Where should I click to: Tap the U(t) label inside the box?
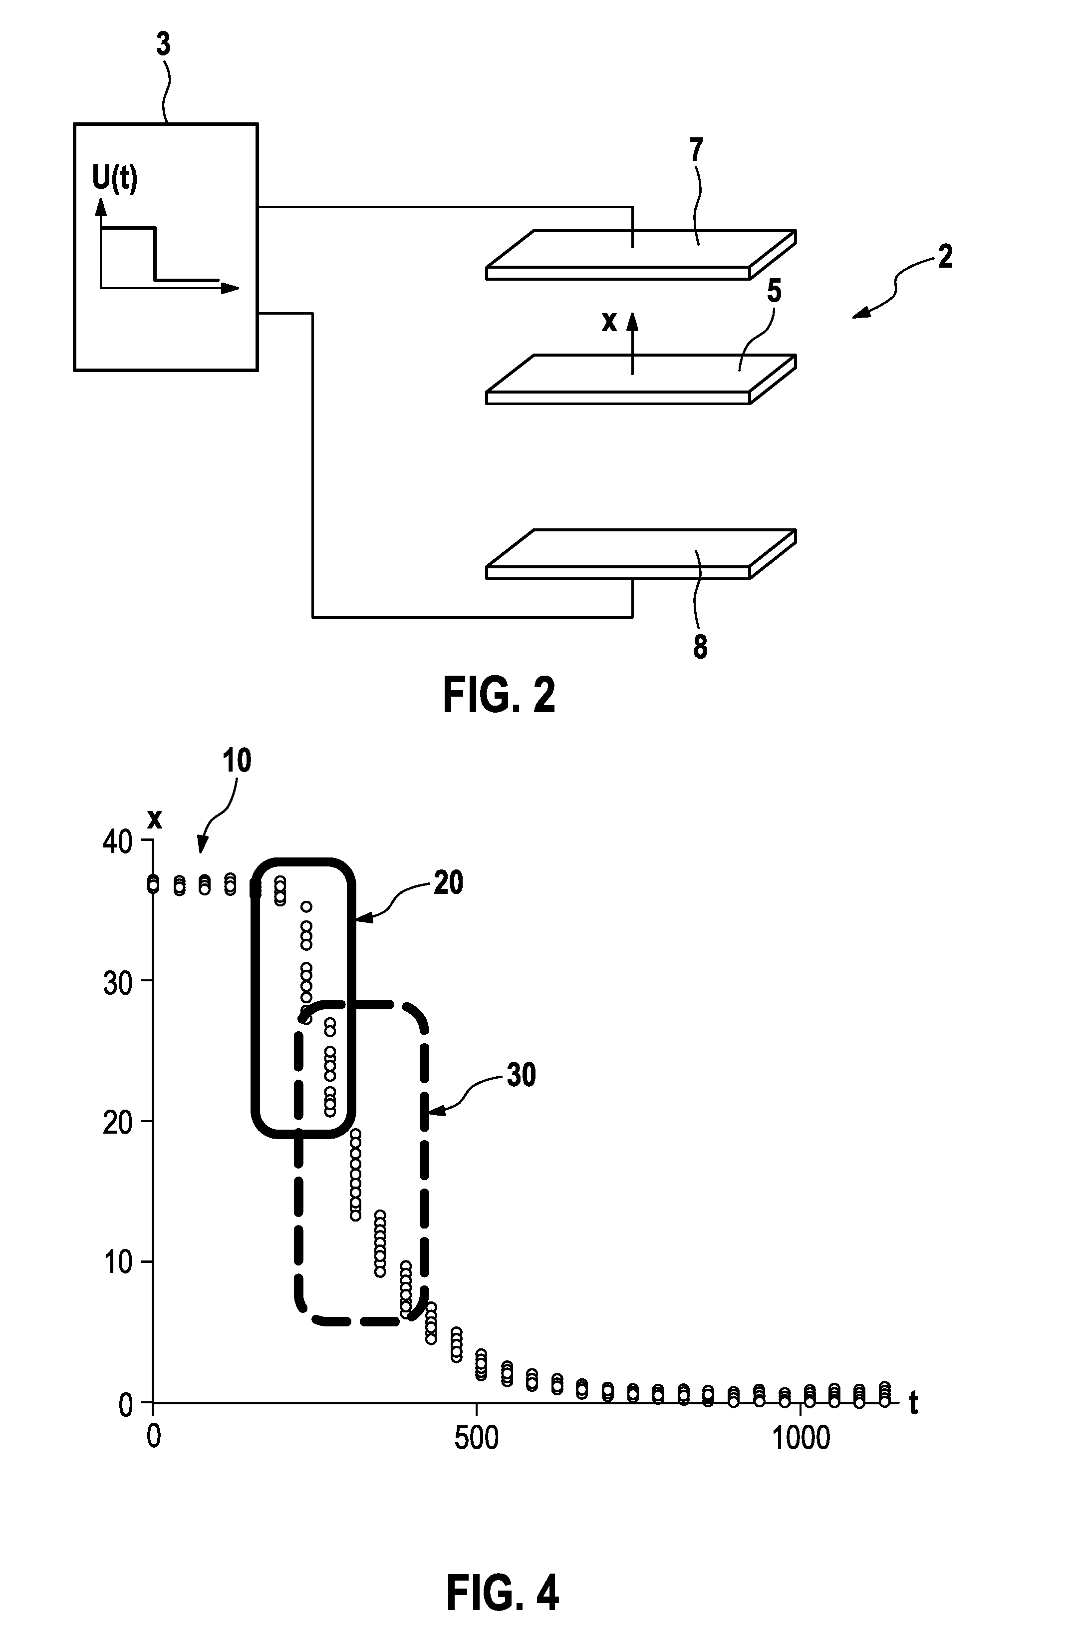coord(115,179)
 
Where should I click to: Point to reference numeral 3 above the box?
coord(164,44)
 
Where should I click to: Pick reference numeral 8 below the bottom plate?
coord(700,646)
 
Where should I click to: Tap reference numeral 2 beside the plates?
coord(945,258)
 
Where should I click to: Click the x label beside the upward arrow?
coord(609,322)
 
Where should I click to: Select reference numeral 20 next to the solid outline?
coord(448,883)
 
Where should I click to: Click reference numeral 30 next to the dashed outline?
coord(521,1075)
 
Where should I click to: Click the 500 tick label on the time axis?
coord(476,1438)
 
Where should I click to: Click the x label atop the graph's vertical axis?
coord(155,820)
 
